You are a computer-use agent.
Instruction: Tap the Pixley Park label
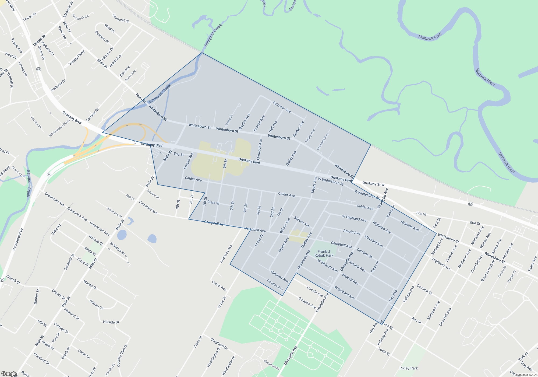tap(409, 368)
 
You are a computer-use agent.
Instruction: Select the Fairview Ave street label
tap(282, 107)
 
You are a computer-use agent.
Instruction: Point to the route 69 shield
tap(39, 69)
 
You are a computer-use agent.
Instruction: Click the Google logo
tap(9, 374)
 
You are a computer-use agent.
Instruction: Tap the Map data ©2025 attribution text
tap(526, 375)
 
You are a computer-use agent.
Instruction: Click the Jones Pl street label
tap(229, 120)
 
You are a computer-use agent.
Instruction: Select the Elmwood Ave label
tap(259, 149)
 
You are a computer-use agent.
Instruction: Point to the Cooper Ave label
tap(188, 161)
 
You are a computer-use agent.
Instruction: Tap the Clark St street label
tap(213, 202)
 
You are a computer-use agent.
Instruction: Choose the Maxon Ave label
tap(302, 222)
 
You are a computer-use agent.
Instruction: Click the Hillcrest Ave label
tap(279, 277)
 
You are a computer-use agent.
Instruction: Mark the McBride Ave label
tap(409, 226)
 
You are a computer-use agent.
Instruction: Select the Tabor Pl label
tap(375, 267)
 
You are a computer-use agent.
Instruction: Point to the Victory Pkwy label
tap(77, 57)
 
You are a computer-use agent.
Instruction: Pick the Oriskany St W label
tap(373, 184)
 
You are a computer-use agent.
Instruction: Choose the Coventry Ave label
tap(323, 142)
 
